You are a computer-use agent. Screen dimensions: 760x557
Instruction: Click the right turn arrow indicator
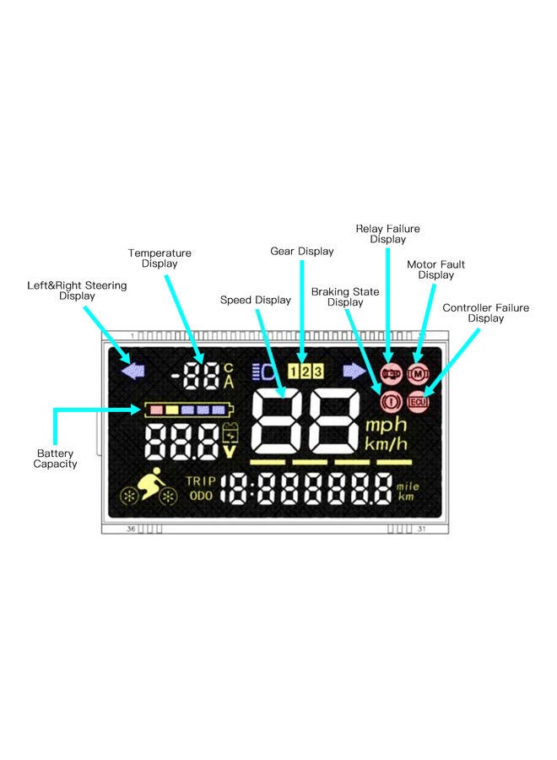point(354,371)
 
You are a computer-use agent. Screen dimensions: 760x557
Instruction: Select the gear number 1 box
point(295,371)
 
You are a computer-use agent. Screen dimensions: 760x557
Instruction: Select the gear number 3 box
point(318,371)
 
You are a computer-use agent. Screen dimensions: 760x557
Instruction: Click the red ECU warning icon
point(418,402)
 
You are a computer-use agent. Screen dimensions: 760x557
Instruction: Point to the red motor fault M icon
point(418,372)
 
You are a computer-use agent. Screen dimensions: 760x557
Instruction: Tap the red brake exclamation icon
point(390,402)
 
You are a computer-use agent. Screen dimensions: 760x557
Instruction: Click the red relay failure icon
point(390,372)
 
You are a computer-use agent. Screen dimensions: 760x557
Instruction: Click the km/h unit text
point(386,443)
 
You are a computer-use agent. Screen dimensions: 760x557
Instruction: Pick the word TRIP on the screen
point(201,481)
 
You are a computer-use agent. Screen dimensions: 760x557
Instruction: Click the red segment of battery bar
point(155,410)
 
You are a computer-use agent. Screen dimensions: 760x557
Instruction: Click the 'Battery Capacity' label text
point(56,459)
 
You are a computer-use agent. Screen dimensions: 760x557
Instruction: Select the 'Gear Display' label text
point(302,251)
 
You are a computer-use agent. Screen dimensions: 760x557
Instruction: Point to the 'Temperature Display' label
point(160,258)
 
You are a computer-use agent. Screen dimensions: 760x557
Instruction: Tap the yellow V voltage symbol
point(229,451)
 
